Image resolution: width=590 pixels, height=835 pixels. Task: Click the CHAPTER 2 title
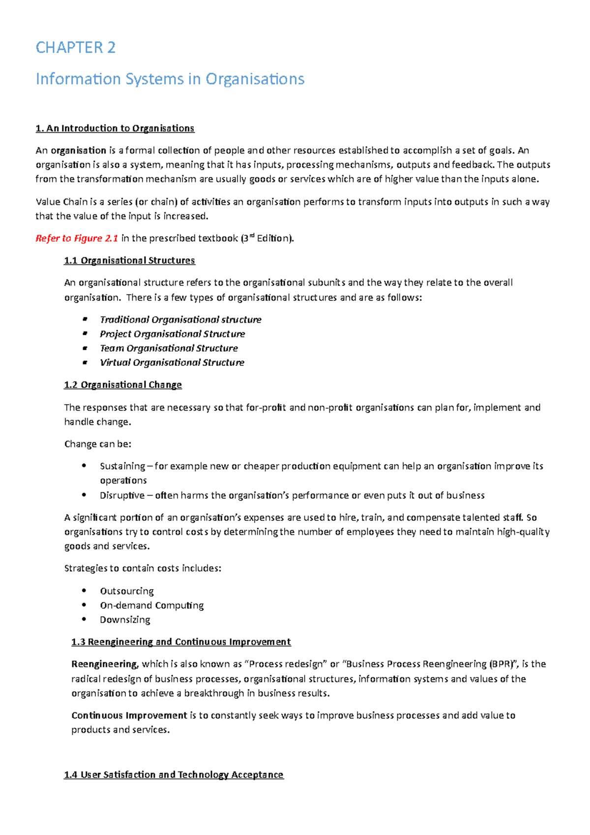tap(76, 48)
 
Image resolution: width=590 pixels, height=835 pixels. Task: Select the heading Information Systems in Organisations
tap(170, 79)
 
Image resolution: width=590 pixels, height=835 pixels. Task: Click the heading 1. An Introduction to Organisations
tap(115, 128)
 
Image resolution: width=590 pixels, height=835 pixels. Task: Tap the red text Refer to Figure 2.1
tap(77, 239)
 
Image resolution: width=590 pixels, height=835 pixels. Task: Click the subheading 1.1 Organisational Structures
tap(129, 261)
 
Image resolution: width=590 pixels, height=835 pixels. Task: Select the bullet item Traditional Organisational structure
tap(180, 320)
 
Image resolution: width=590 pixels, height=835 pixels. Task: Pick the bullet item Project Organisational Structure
tap(172, 334)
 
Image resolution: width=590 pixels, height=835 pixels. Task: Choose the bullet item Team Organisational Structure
tap(169, 348)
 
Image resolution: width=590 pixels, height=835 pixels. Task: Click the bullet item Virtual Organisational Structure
tap(172, 362)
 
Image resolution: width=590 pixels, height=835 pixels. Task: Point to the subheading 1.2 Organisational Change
tap(123, 385)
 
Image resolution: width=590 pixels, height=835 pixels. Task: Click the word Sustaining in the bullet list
tap(122, 466)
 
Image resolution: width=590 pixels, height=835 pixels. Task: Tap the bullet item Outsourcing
tap(127, 591)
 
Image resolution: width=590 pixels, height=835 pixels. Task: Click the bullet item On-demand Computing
tap(151, 605)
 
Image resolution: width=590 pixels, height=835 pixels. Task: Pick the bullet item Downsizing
tap(125, 620)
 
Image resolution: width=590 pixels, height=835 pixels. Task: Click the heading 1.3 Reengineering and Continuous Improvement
tap(181, 642)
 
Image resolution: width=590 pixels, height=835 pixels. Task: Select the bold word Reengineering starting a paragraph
tap(104, 664)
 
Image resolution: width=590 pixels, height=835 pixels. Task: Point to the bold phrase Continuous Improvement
tap(129, 716)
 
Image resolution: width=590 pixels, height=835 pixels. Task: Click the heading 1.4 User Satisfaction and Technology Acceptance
tap(174, 775)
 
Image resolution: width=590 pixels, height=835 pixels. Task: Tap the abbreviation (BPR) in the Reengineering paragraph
tap(501, 664)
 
